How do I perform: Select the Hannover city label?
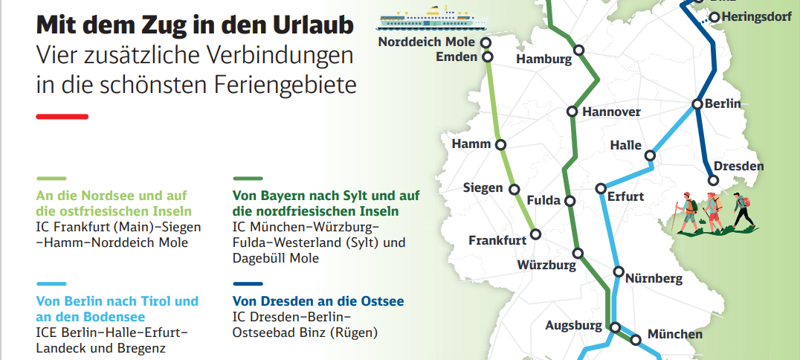click(611, 112)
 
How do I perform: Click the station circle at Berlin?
click(697, 105)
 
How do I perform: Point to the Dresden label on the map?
click(738, 166)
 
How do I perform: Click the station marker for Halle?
click(650, 155)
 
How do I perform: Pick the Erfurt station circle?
click(601, 188)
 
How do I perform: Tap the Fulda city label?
click(543, 201)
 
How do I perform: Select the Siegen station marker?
click(514, 190)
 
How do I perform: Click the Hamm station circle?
click(500, 145)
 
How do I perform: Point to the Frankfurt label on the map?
click(497, 240)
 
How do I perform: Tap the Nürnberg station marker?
click(617, 272)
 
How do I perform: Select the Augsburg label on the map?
click(573, 326)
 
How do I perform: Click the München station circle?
click(636, 340)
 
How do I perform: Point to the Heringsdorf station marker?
click(714, 17)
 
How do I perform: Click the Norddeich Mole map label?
click(425, 42)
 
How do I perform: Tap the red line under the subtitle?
click(62, 116)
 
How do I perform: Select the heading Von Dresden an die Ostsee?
click(318, 301)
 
